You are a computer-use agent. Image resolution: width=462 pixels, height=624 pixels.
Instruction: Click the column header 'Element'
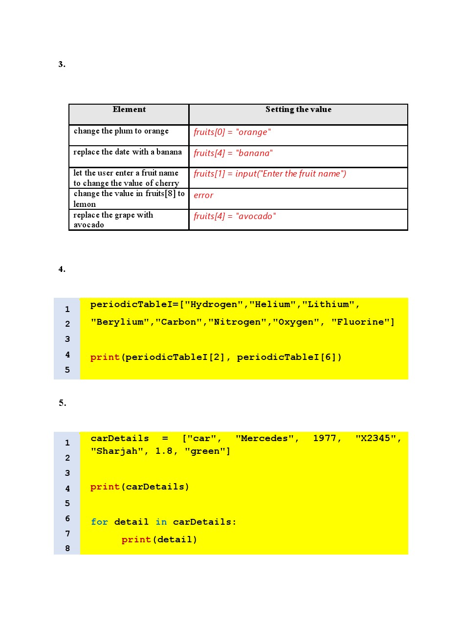129,110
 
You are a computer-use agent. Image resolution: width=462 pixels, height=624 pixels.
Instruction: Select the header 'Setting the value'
298,110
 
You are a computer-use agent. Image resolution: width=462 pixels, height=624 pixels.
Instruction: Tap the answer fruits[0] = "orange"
232,132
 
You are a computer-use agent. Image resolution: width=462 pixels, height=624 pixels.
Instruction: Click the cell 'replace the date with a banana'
128,152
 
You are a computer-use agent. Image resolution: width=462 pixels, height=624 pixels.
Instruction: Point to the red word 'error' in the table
203,195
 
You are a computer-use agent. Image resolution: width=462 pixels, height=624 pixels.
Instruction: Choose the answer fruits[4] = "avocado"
235,216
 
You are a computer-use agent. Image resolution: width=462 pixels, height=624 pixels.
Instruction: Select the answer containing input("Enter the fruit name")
270,174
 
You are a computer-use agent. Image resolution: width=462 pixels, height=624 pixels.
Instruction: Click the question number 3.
62,64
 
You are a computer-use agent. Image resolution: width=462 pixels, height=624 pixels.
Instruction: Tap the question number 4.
62,269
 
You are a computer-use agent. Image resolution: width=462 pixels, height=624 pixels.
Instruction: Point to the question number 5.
62,403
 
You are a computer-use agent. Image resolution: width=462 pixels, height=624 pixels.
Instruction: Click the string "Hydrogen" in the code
214,305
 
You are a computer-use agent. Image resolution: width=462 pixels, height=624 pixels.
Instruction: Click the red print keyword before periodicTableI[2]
105,357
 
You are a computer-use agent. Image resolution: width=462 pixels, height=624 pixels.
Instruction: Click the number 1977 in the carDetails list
325,438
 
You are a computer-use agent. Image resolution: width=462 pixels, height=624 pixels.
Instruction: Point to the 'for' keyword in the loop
99,522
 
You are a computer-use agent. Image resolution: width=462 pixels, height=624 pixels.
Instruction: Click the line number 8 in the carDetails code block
67,548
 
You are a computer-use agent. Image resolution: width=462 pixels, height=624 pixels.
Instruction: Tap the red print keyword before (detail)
136,539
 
